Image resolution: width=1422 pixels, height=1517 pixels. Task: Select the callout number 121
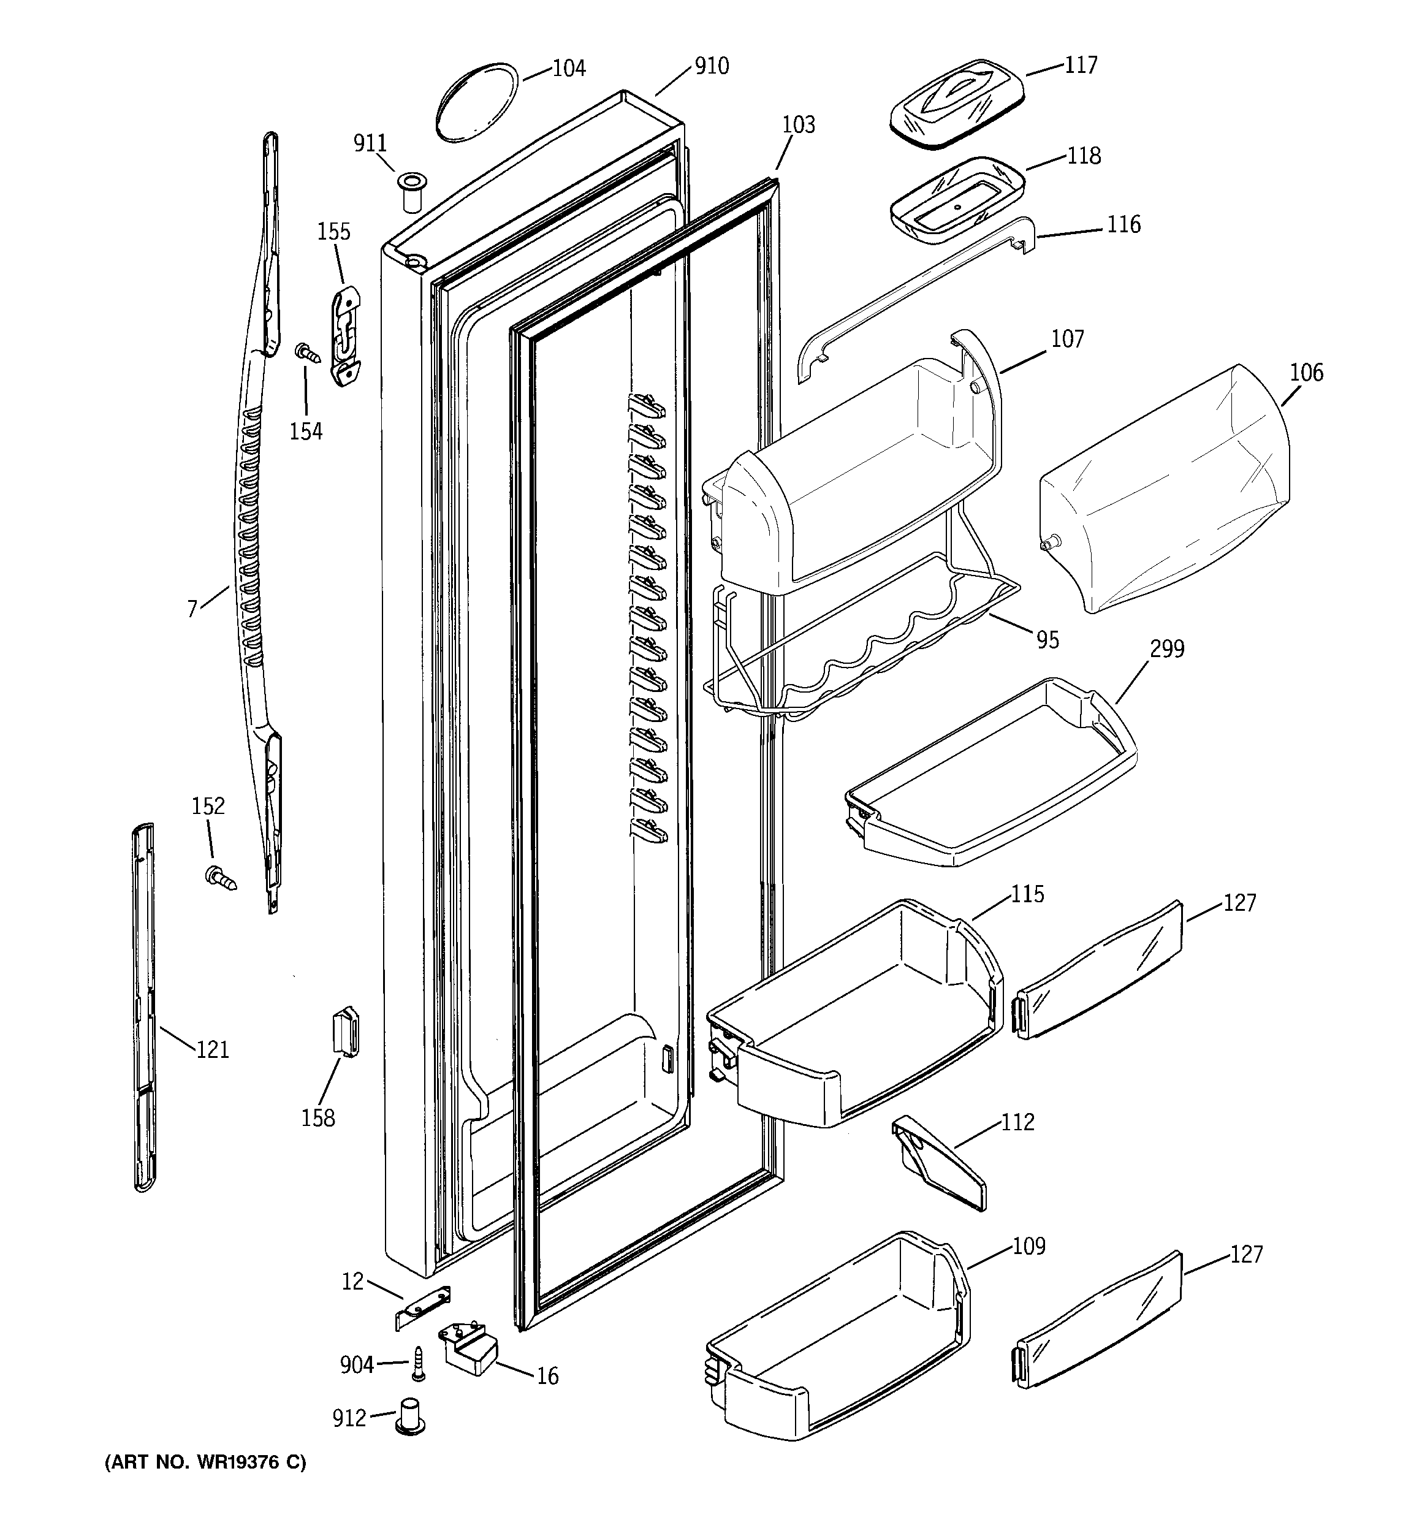pyautogui.click(x=212, y=1050)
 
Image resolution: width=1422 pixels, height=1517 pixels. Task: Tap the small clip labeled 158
pyautogui.click(x=346, y=1032)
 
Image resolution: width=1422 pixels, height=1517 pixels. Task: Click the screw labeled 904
pyautogui.click(x=418, y=1364)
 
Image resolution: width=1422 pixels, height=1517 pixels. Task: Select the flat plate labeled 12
pyautogui.click(x=424, y=1307)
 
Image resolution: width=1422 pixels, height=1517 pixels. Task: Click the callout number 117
pyautogui.click(x=1081, y=65)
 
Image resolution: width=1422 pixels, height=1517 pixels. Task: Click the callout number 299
pyautogui.click(x=1166, y=649)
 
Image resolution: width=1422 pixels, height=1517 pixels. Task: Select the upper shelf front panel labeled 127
pyautogui.click(x=1099, y=969)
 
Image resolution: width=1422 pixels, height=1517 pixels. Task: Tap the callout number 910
pyautogui.click(x=712, y=66)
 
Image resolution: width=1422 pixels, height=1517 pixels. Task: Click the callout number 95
pyautogui.click(x=1047, y=639)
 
